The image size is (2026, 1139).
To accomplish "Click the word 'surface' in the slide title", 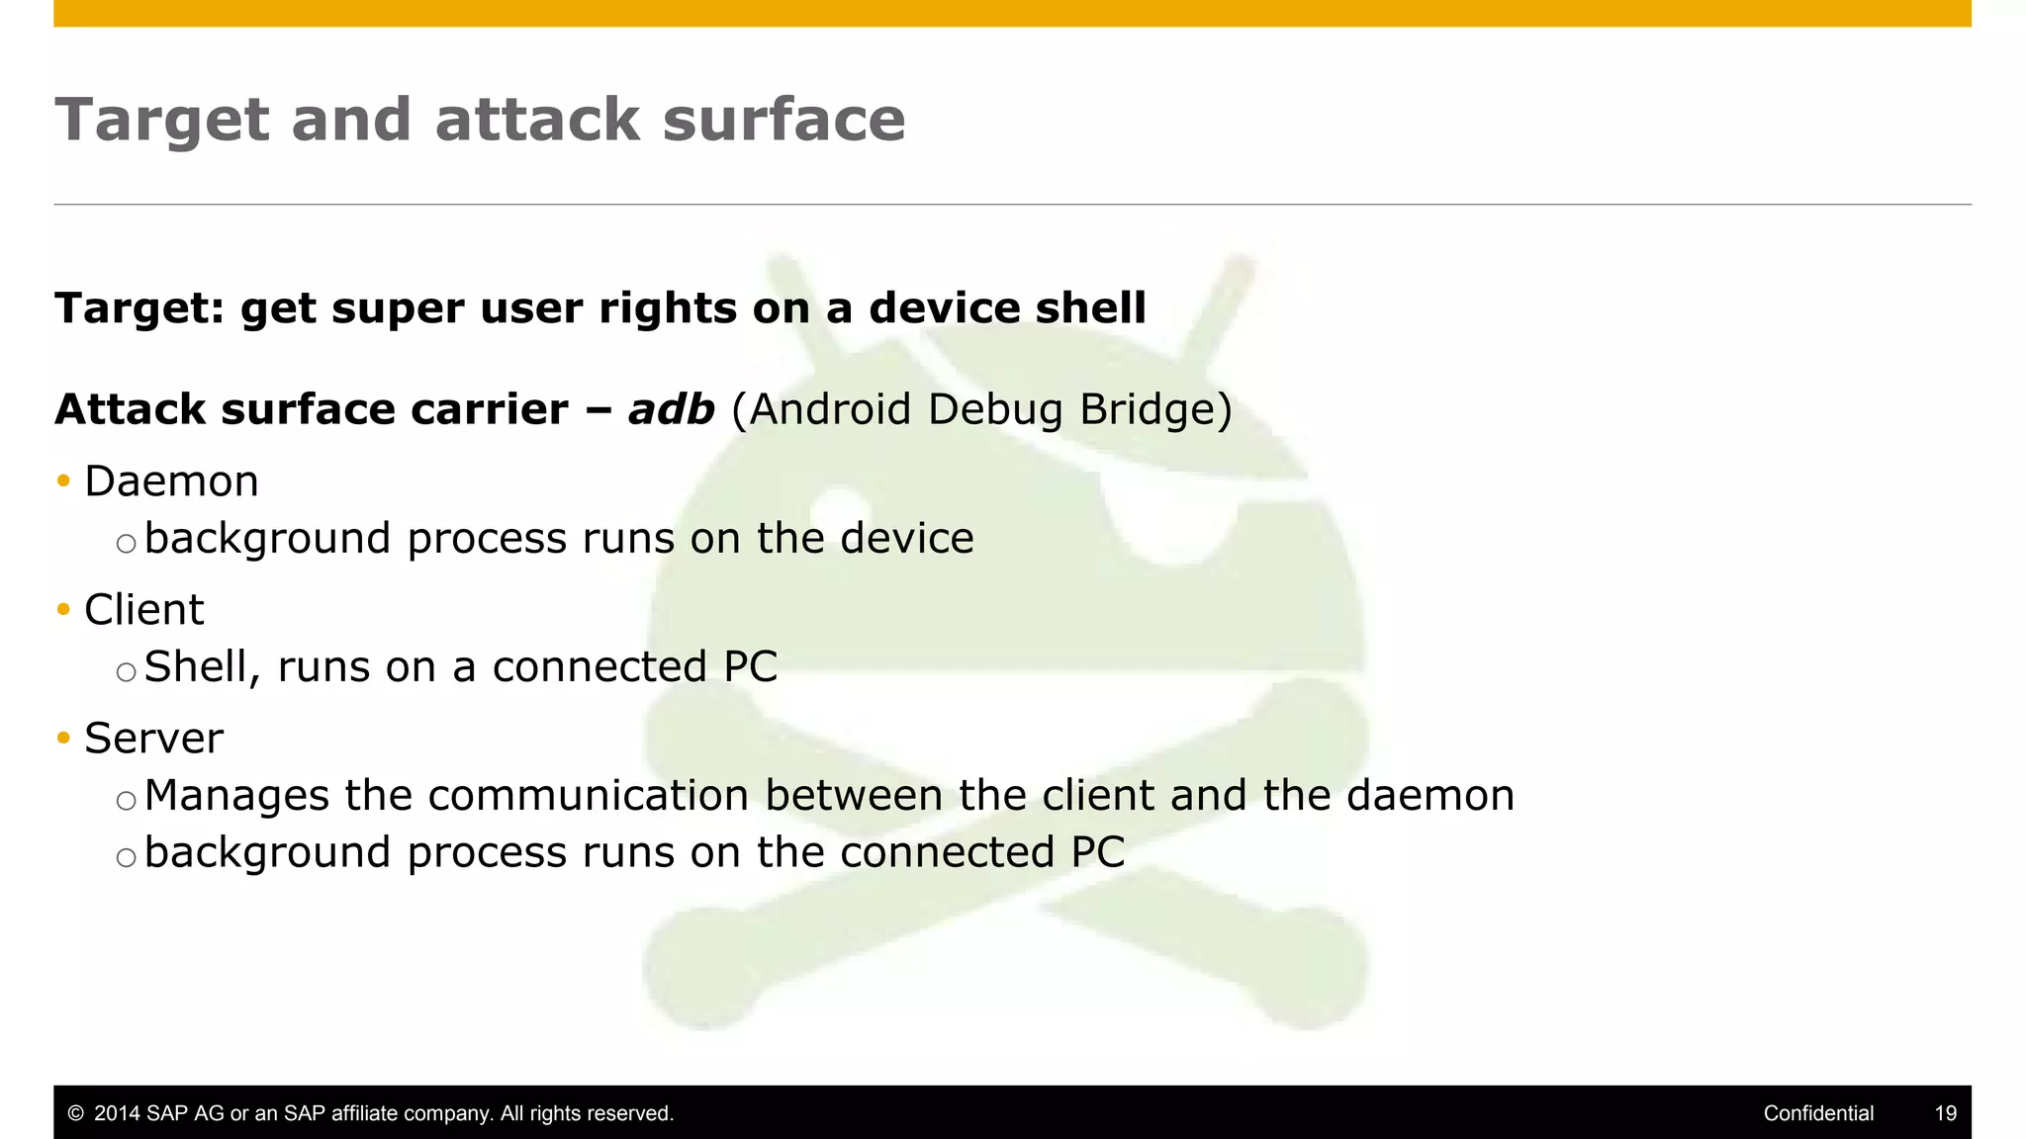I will [x=783, y=121].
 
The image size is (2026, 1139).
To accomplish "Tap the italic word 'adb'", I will [x=671, y=409].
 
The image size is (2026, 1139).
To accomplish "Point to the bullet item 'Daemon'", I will [x=171, y=482].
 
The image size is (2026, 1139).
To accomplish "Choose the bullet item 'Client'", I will [x=143, y=610].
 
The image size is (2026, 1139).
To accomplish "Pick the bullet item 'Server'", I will [x=153, y=739].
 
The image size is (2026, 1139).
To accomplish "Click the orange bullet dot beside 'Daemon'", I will [x=64, y=482].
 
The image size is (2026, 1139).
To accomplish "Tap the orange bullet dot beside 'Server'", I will [x=64, y=739].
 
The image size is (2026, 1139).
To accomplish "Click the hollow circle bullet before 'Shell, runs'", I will [x=126, y=672].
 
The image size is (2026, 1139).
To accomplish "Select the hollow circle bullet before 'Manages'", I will [x=126, y=801].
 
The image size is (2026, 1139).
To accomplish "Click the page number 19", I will [x=1945, y=1113].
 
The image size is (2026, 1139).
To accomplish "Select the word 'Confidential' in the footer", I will [x=1818, y=1113].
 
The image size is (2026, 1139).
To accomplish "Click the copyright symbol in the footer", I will [x=75, y=1113].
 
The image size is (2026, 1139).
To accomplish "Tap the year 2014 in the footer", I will [x=117, y=1113].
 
